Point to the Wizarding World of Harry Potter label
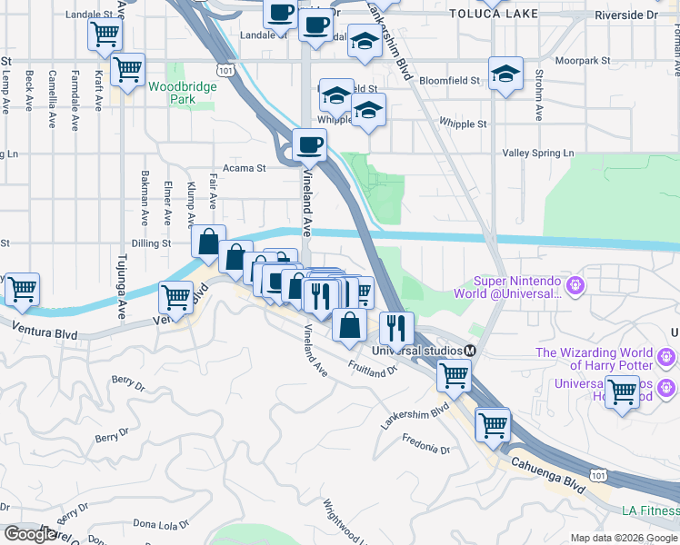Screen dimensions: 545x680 594,359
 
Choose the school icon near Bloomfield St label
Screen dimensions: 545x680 505,74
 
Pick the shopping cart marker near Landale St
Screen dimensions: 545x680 105,35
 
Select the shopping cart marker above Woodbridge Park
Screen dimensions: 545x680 127,68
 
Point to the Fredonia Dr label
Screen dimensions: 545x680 427,446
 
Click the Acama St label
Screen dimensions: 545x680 245,168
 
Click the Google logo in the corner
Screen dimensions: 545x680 30,534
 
